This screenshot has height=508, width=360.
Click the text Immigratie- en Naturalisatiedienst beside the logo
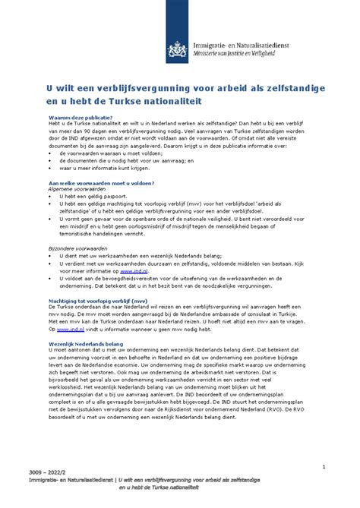point(242,45)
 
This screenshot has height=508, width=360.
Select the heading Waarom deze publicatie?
point(81,118)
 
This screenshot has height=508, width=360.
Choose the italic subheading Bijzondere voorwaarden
point(77,248)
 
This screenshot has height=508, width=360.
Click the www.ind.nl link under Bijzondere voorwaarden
point(134,270)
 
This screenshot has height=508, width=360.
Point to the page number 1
point(324,443)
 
